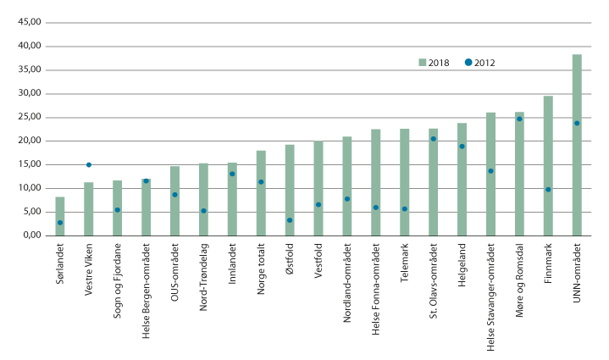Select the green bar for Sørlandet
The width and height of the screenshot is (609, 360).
tap(60, 216)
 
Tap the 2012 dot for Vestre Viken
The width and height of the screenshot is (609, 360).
tap(89, 164)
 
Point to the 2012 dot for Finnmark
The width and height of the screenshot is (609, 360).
tap(548, 189)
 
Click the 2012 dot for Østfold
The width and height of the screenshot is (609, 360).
tap(290, 220)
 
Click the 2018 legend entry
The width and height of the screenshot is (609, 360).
tap(434, 63)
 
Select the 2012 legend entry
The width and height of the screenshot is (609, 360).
tap(480, 63)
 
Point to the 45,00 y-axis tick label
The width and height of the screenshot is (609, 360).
tap(28, 22)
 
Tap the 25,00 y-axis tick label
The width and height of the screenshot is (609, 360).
tap(28, 117)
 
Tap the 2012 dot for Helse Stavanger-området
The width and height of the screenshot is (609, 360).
tap(490, 171)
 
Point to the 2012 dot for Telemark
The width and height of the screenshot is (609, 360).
tap(404, 208)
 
